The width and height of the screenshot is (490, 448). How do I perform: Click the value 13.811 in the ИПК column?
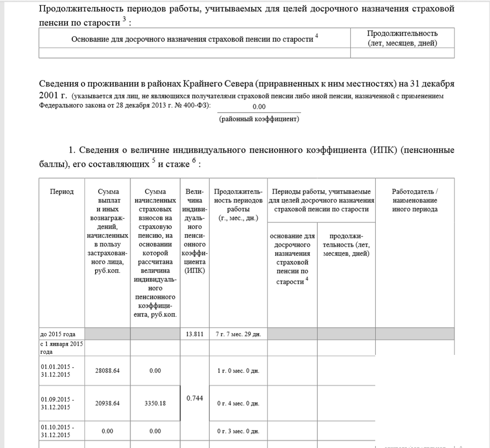point(194,334)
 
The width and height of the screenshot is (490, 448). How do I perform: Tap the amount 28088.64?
point(107,370)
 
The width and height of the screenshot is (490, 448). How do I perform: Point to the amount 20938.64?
point(107,403)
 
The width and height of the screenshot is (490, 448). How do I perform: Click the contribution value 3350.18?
point(155,403)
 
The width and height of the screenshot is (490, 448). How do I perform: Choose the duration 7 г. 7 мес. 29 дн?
point(238,334)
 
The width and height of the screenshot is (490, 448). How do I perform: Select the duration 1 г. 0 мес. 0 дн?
point(238,370)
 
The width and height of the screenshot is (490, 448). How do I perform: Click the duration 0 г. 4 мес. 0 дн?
point(238,404)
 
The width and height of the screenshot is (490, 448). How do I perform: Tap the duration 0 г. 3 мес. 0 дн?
point(238,431)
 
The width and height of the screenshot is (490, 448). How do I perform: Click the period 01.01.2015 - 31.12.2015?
point(57,370)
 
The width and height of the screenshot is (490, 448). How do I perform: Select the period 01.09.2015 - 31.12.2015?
point(57,403)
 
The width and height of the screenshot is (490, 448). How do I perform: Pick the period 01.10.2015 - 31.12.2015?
point(57,431)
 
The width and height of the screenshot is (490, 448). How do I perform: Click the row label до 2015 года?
point(58,334)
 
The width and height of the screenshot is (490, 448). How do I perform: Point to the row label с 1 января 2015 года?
point(61,348)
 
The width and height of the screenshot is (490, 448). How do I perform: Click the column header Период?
point(61,192)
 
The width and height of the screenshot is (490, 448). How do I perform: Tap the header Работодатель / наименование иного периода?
point(414,200)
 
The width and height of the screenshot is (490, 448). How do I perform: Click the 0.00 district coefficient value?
point(259,107)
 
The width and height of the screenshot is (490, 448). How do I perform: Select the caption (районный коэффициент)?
point(259,118)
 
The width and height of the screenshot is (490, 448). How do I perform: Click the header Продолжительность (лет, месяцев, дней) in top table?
point(402,38)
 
